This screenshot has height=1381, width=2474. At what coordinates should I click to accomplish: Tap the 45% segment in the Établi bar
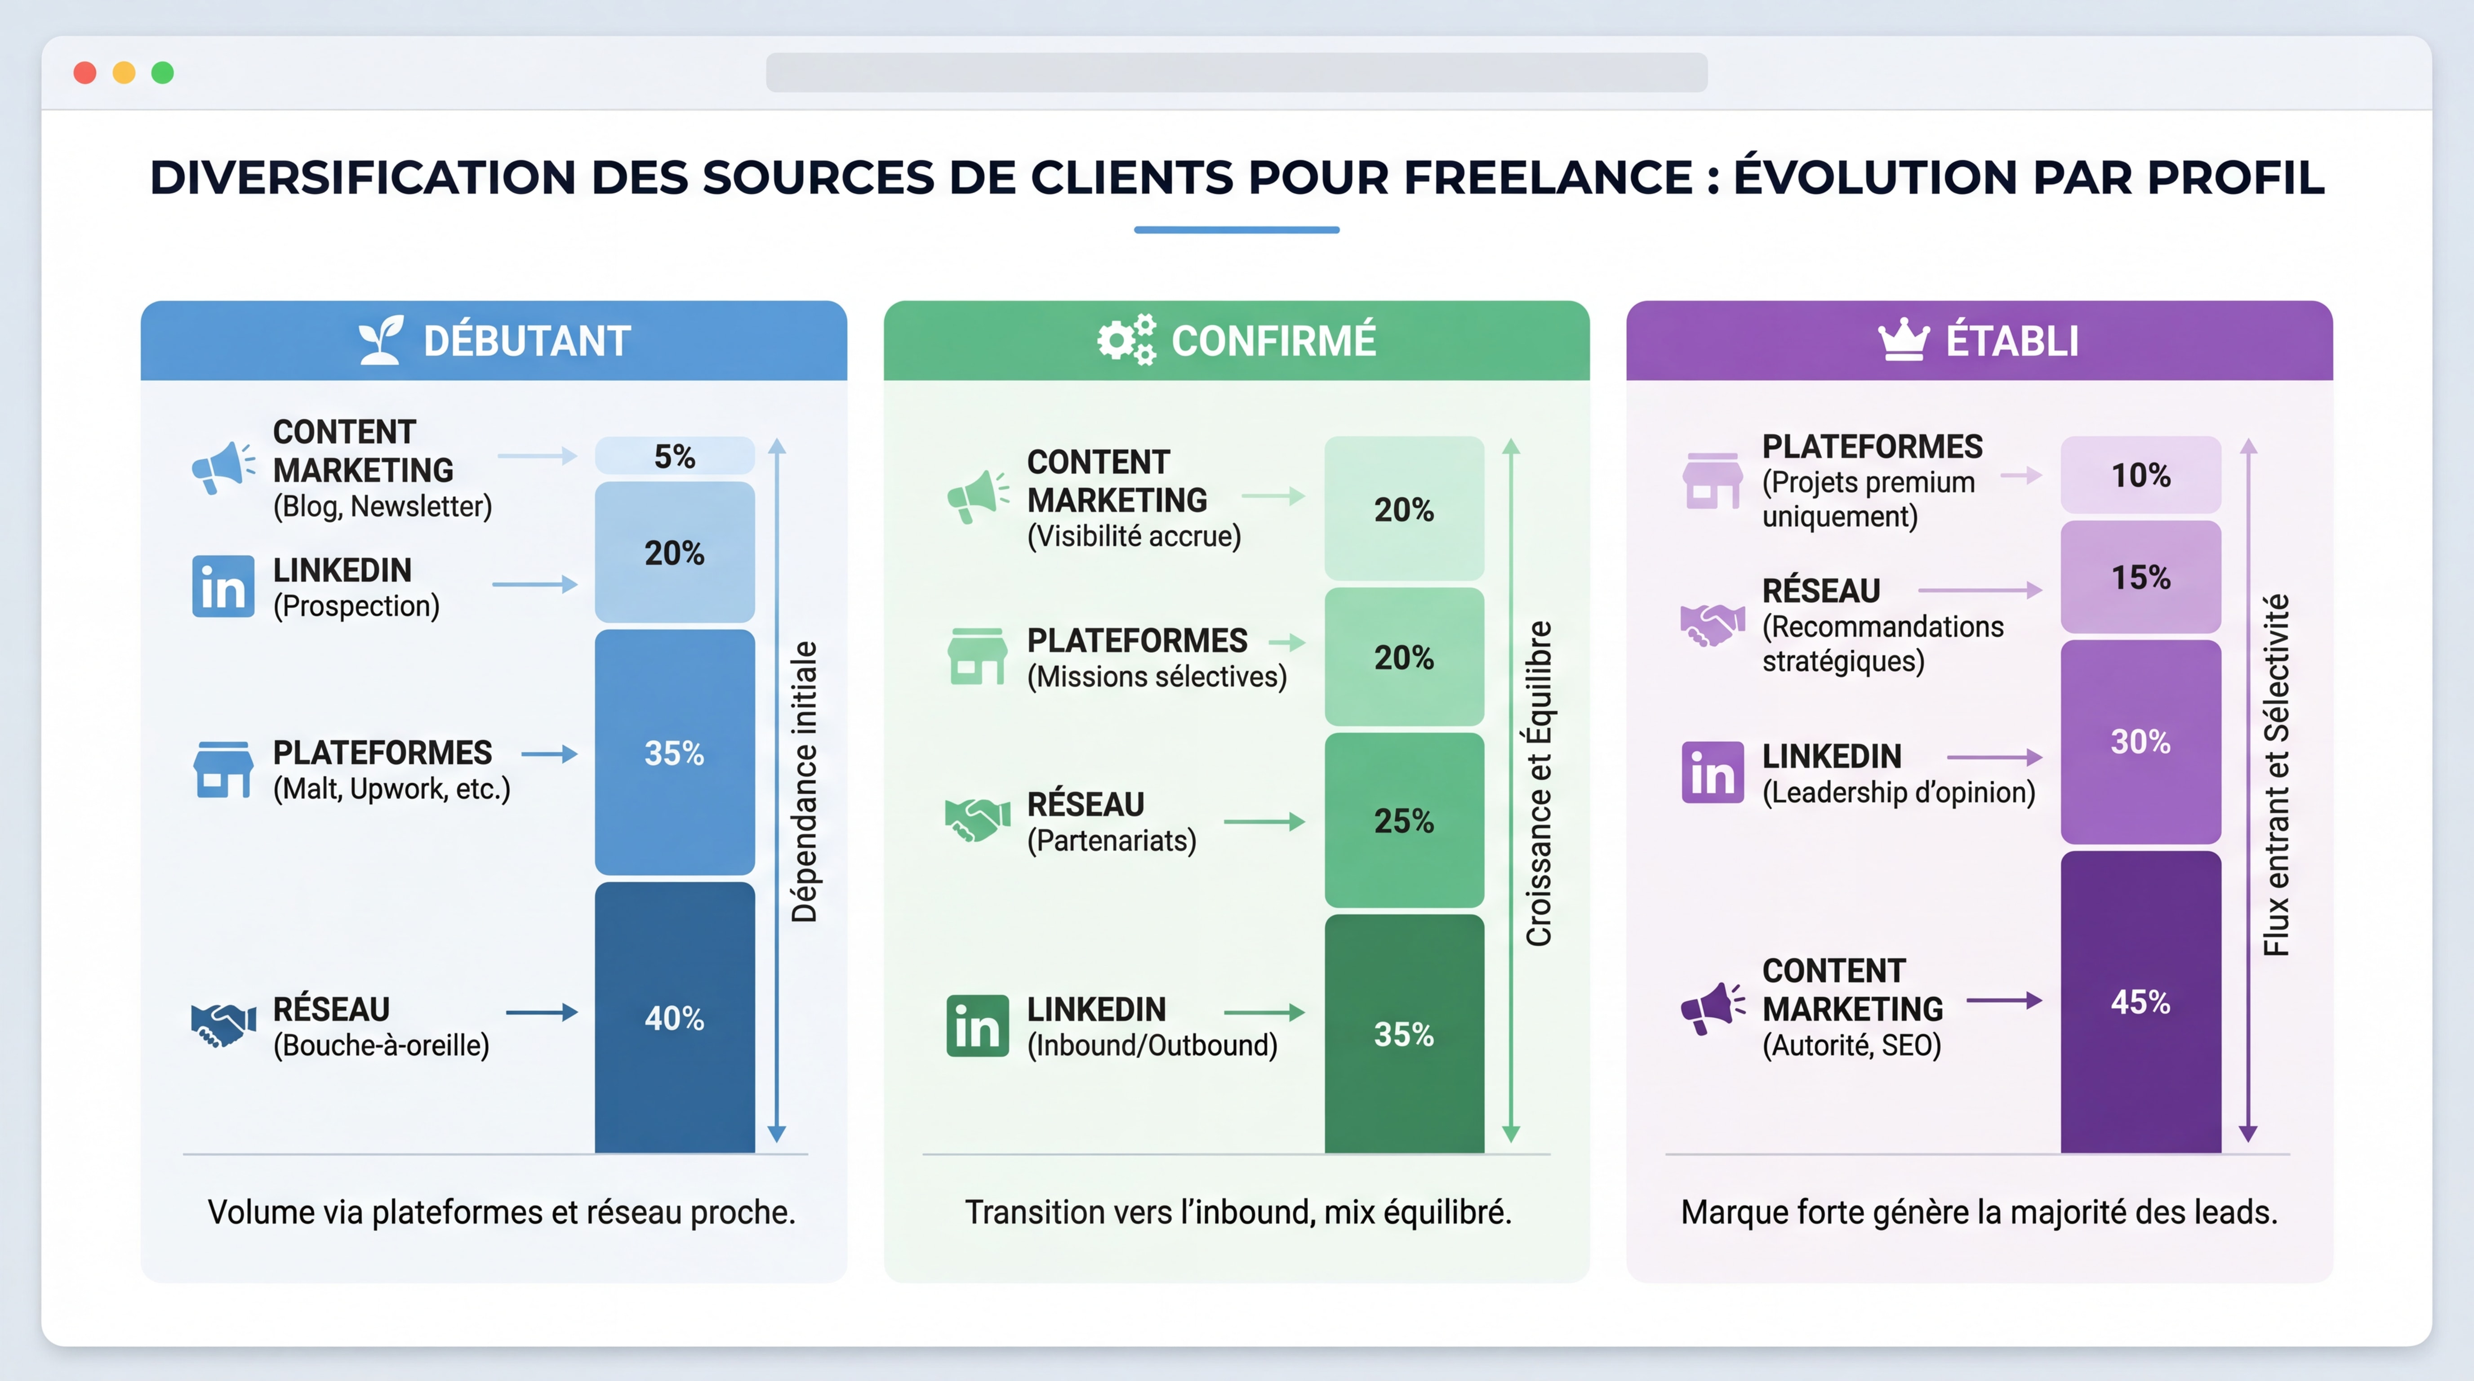2140,1002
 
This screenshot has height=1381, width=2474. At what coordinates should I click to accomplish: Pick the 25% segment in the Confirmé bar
1403,820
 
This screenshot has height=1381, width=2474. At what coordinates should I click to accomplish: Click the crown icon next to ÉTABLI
1903,340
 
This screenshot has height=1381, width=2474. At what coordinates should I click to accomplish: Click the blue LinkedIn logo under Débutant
223,586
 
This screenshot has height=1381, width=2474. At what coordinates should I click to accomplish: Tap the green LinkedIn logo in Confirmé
977,1026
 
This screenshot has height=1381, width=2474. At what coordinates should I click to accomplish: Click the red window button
85,73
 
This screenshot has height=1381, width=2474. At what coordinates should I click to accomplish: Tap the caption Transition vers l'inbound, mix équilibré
1237,1212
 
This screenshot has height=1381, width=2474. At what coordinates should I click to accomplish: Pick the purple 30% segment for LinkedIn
2140,741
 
